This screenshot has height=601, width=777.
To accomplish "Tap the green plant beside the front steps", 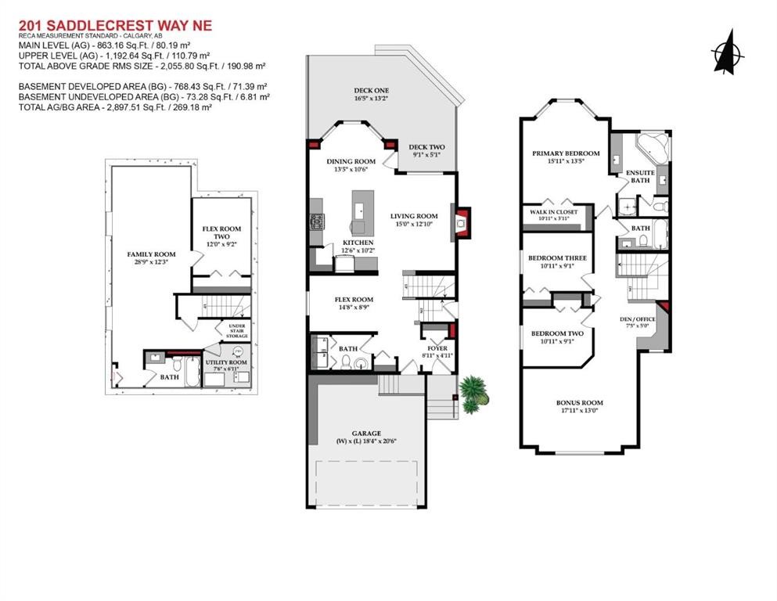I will pos(472,393).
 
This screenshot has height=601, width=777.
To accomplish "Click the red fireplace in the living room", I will pos(462,221).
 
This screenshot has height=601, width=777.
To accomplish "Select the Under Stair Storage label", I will pos(237,330).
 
